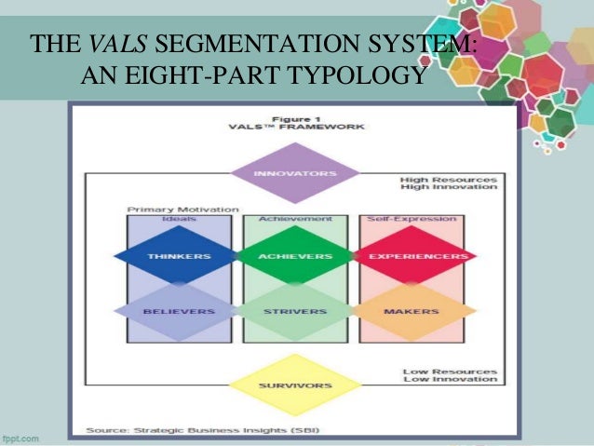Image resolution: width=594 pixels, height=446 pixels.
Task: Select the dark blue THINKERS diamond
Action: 178,255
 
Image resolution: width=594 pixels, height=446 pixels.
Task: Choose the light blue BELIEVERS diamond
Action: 178,311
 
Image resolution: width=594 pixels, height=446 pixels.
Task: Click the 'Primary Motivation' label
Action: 182,209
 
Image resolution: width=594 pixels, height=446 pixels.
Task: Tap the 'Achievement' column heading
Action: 295,219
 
